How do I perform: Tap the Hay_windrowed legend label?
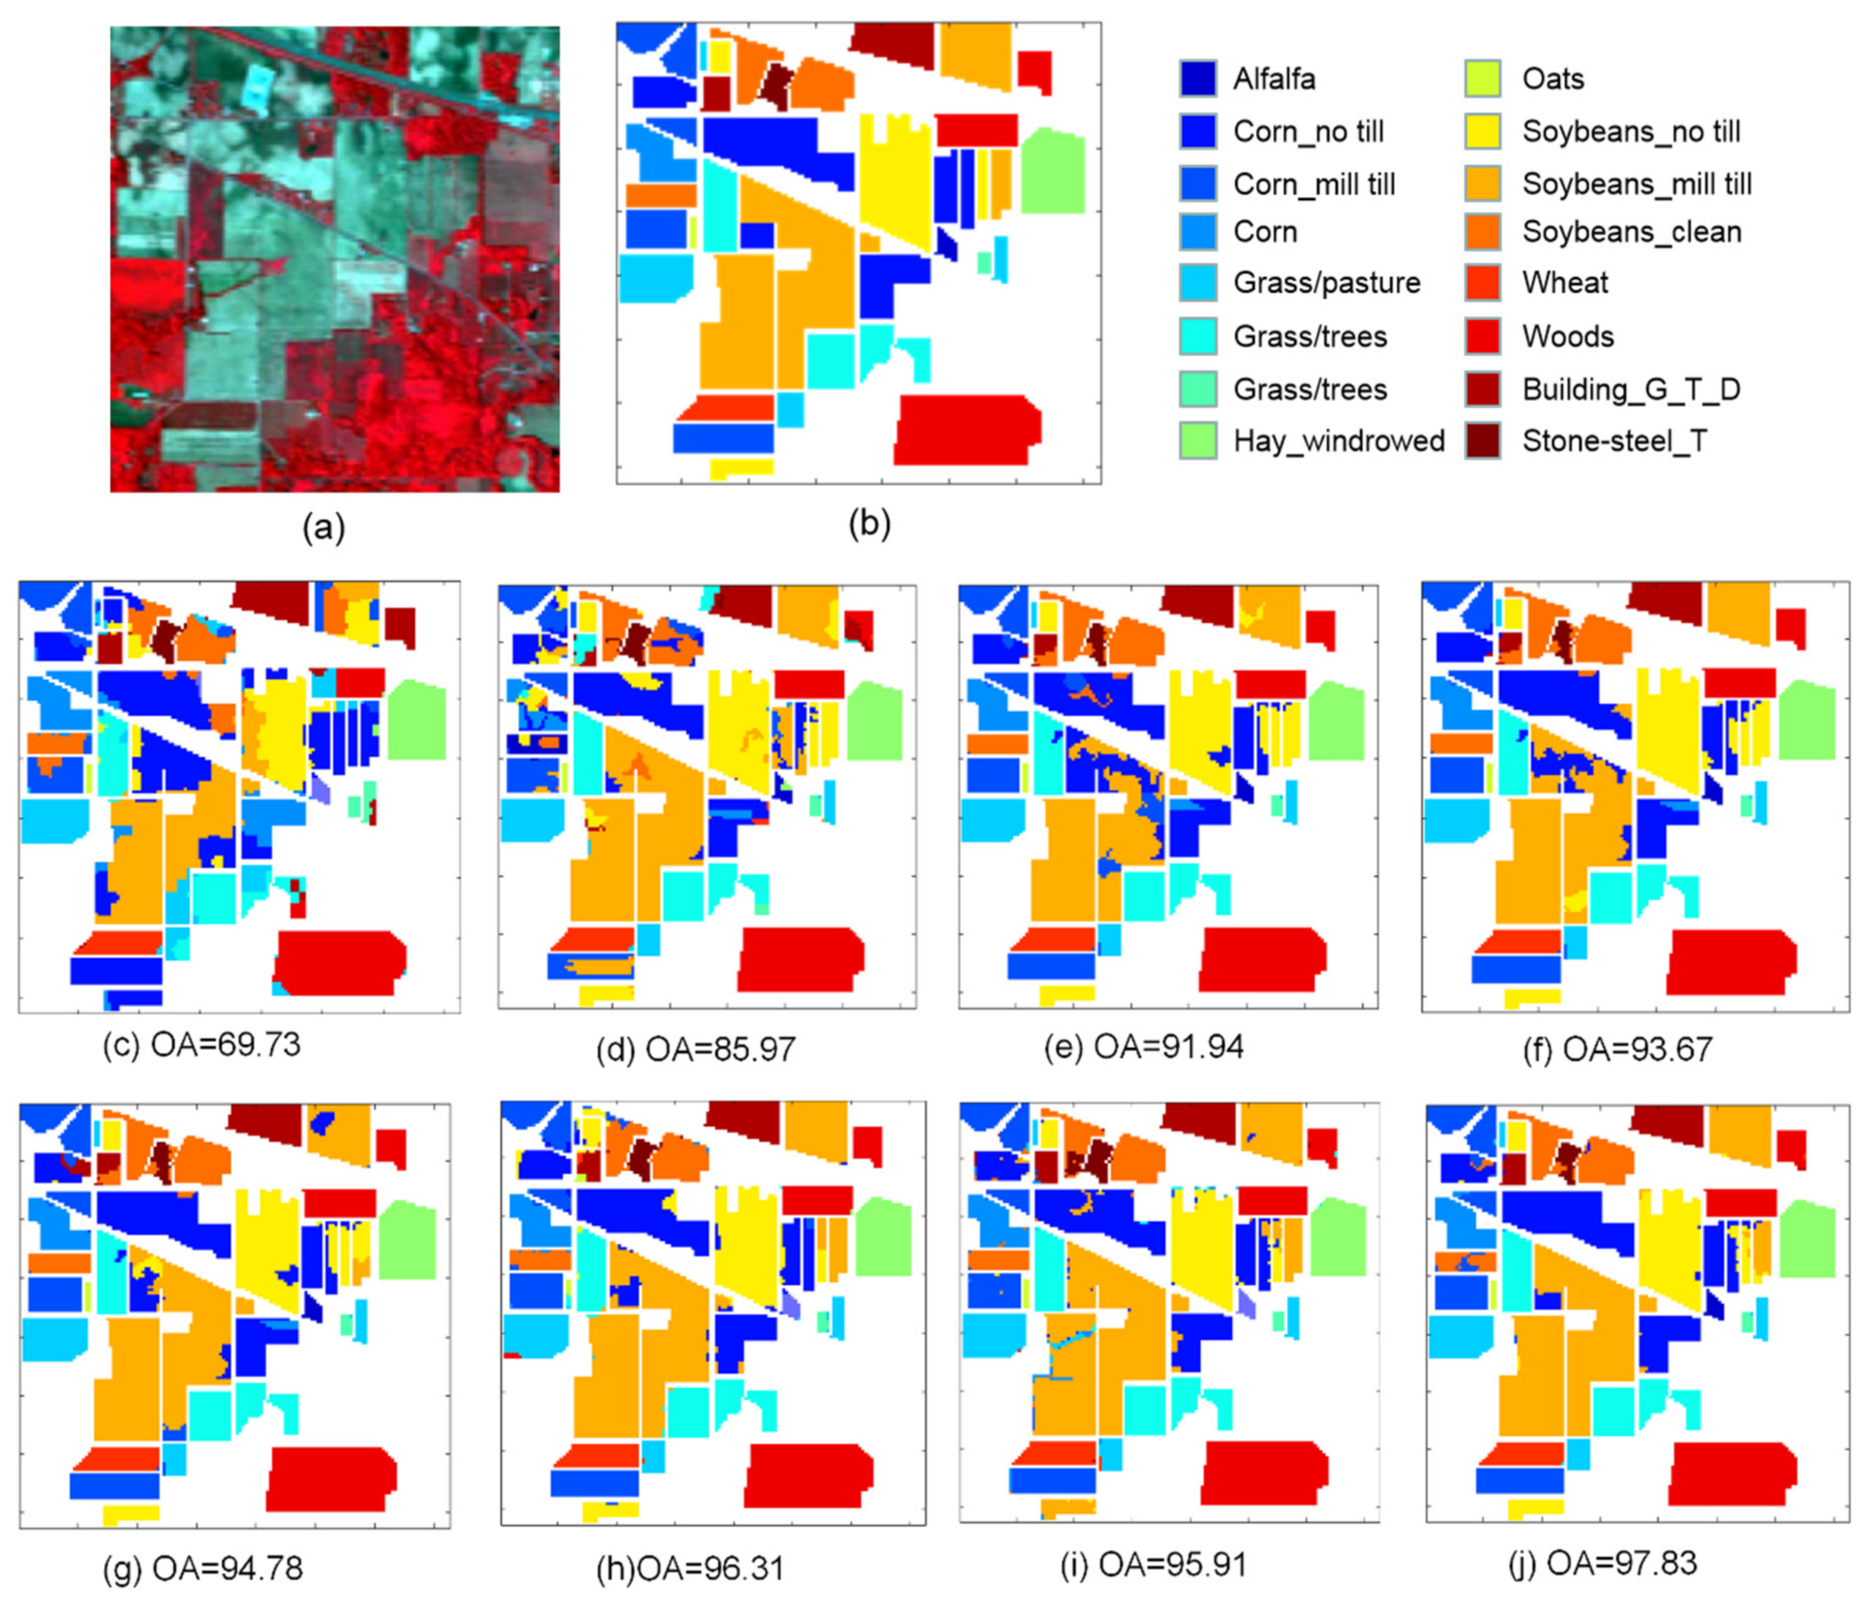pos(1338,441)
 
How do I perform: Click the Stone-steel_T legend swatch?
pos(1482,441)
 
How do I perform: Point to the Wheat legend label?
pos(1564,283)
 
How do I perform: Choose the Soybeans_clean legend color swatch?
pos(1482,232)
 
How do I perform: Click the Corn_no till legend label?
pos(1307,132)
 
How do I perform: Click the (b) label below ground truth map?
pos(869,523)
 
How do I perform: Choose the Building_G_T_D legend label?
pos(1631,389)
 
